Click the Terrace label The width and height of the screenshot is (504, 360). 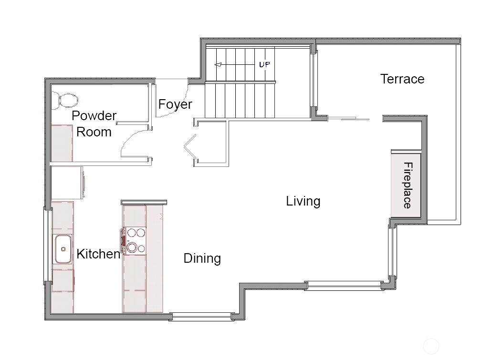(x=402, y=79)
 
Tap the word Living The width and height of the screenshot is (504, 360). (x=303, y=201)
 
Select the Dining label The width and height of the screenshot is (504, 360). (x=202, y=258)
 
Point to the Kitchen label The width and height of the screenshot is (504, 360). (x=98, y=254)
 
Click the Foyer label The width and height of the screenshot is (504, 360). (x=175, y=104)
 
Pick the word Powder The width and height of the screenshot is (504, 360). (x=94, y=115)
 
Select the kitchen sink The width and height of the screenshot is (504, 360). (x=63, y=249)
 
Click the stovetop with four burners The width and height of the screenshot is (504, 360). (x=134, y=240)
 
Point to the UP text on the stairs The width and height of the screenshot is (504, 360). (x=264, y=65)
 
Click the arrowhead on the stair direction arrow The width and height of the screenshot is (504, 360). (x=218, y=65)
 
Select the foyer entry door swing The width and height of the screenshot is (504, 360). (x=183, y=98)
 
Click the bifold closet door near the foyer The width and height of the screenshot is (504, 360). (x=190, y=146)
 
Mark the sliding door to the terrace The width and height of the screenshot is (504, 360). (x=348, y=119)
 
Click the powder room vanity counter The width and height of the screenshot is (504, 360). (x=62, y=143)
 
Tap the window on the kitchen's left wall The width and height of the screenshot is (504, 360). (x=48, y=246)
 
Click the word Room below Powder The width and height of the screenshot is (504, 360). (x=94, y=132)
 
